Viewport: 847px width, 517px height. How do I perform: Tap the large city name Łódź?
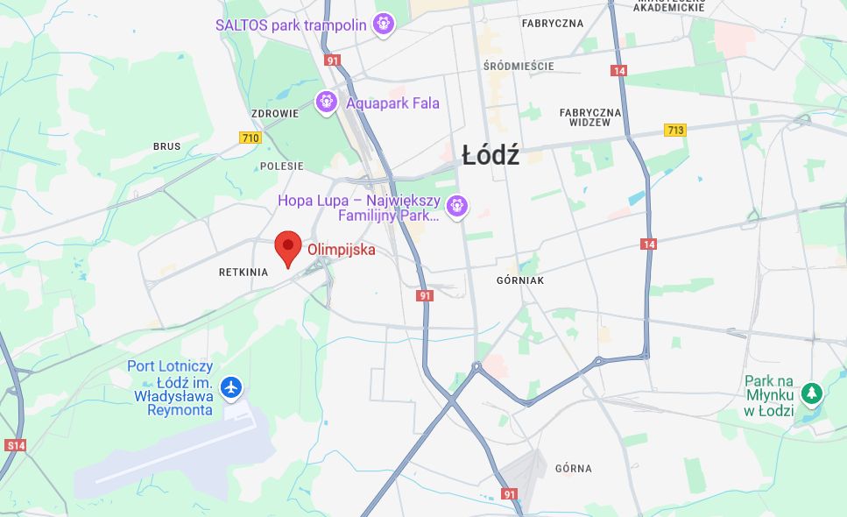pyautogui.click(x=491, y=156)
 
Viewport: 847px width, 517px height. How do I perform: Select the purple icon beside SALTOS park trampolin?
pyautogui.click(x=383, y=25)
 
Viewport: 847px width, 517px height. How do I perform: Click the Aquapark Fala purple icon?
pyautogui.click(x=327, y=103)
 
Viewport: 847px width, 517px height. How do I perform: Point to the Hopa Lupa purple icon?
pyautogui.click(x=456, y=207)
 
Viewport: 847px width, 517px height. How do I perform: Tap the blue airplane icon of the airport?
pyautogui.click(x=231, y=386)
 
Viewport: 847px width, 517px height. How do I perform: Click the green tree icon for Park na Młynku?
pyautogui.click(x=811, y=394)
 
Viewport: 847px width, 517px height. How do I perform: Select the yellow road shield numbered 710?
pyautogui.click(x=251, y=138)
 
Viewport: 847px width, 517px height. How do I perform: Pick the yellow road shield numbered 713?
pyautogui.click(x=674, y=130)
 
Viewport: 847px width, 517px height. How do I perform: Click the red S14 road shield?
pyautogui.click(x=15, y=445)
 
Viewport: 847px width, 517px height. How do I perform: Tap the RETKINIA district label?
pyautogui.click(x=244, y=273)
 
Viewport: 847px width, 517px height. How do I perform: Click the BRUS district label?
pyautogui.click(x=166, y=146)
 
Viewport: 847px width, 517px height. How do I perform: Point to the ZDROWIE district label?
pyautogui.click(x=275, y=114)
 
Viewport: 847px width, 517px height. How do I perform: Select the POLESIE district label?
pyautogui.click(x=281, y=166)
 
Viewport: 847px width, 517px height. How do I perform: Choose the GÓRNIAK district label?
pyautogui.click(x=520, y=280)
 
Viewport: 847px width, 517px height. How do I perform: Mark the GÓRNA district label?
pyautogui.click(x=573, y=469)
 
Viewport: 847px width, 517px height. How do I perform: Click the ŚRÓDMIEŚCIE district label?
pyautogui.click(x=519, y=66)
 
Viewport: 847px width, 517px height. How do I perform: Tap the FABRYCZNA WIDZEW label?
pyautogui.click(x=590, y=117)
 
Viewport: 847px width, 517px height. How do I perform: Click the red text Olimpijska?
pyautogui.click(x=341, y=250)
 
